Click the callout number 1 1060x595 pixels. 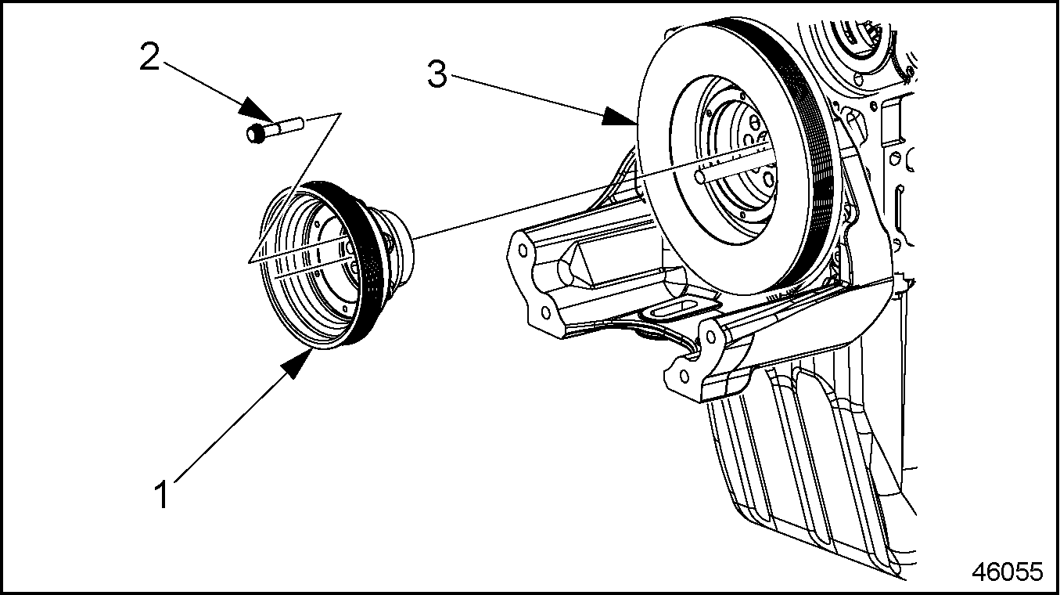click(162, 495)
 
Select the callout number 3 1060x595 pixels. click(437, 75)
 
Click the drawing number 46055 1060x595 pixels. click(1008, 572)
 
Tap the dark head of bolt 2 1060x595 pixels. click(256, 134)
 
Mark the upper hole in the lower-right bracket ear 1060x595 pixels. click(710, 336)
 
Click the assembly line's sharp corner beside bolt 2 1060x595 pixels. click(340, 114)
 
